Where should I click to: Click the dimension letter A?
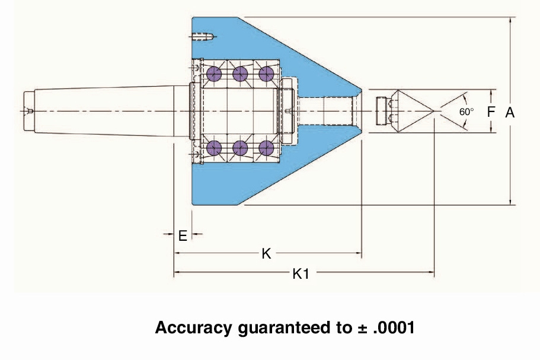click(x=510, y=112)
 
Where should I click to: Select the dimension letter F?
click(x=491, y=111)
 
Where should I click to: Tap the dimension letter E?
click(x=183, y=235)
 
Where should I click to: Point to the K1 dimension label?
click(x=301, y=274)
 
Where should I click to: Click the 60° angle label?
click(x=466, y=112)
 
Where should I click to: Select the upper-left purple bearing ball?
click(x=214, y=74)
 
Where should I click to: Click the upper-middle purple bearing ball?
click(x=240, y=74)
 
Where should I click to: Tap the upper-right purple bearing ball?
click(x=266, y=74)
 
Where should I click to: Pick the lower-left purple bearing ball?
click(x=214, y=148)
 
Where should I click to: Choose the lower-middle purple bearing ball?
click(x=240, y=148)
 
